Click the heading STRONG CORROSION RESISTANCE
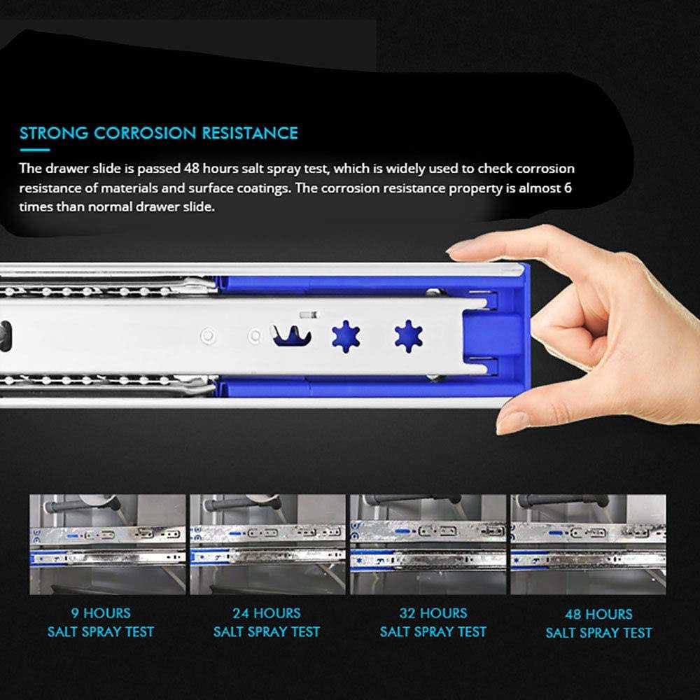point(159,133)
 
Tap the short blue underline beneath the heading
point(34,150)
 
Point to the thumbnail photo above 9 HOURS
point(107,544)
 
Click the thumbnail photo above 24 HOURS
point(267,544)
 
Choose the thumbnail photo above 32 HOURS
point(428,544)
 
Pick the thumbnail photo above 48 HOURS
point(588,544)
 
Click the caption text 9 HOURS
point(101,614)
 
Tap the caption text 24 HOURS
point(267,614)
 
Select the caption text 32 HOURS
point(433,614)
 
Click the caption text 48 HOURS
point(598,615)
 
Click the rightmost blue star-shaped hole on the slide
point(408,337)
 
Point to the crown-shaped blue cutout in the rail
point(289,335)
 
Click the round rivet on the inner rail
point(207,335)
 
